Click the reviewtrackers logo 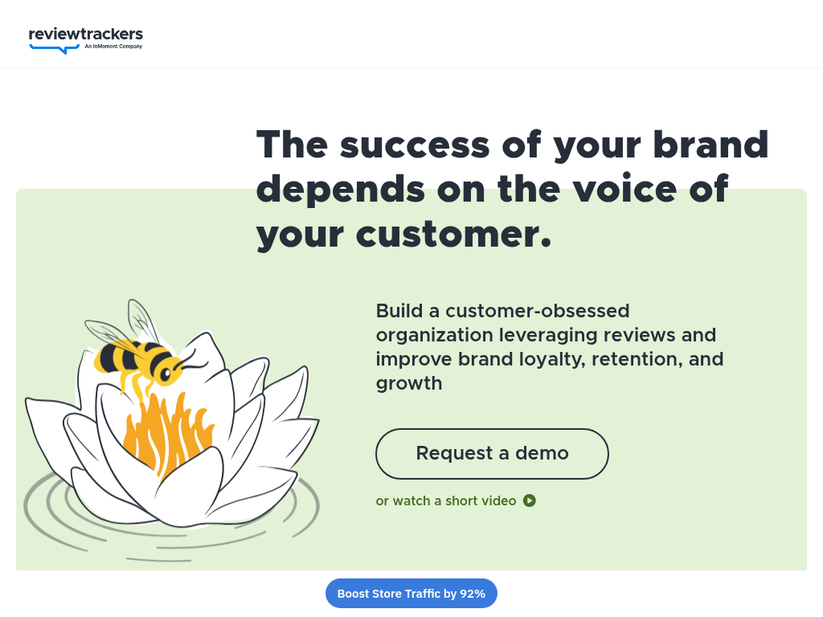pos(85,40)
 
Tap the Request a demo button pos(492,454)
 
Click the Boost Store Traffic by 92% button pos(411,594)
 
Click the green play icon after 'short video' pos(530,501)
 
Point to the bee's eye pos(166,374)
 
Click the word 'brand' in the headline pos(710,145)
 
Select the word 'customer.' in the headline pos(453,234)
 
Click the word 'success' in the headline pos(415,145)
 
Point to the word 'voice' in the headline pos(624,190)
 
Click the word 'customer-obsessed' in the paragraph pos(537,311)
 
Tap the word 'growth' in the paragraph pos(409,384)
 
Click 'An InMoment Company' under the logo pos(113,47)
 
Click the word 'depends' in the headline pos(341,190)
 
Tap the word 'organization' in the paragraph pos(434,335)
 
